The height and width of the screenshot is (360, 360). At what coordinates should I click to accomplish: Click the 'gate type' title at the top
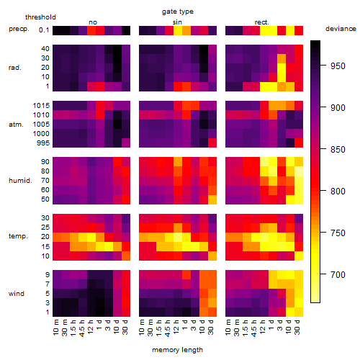coord(178,12)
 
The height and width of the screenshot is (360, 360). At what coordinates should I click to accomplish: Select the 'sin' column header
coord(177,22)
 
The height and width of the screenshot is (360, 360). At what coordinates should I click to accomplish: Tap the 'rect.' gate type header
coord(261,22)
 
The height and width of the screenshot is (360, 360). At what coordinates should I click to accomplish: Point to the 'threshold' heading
coord(40,17)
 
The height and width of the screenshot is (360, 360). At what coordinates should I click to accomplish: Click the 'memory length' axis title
coord(177,350)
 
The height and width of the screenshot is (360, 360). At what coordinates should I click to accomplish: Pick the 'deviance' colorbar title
coord(341,29)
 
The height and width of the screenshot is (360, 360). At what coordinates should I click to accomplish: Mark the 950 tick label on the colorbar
coord(338,66)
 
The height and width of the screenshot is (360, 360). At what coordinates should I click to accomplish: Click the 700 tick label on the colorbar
coord(338,274)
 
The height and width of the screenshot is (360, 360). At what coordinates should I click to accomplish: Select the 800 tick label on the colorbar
coord(338,192)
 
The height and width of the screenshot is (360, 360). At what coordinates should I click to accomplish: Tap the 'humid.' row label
coord(20,181)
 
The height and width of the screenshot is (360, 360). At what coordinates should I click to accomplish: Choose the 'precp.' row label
coord(19,29)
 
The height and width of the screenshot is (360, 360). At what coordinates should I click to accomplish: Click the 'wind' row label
coord(17,294)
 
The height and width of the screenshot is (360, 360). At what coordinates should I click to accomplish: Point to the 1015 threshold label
coord(41,106)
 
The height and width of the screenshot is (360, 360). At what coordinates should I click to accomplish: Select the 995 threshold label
coord(43,143)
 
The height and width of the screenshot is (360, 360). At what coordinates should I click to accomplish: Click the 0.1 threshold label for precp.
coord(44,30)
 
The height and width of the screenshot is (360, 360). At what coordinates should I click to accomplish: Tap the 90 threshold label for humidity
coord(45,162)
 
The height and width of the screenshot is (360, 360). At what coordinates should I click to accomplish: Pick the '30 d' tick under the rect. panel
coord(297,327)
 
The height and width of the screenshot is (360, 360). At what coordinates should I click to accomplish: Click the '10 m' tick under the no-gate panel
coord(55,327)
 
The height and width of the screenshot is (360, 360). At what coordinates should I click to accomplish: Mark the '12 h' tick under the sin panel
coord(176,327)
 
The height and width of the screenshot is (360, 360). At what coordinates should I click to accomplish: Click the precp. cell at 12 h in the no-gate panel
coord(91,30)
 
